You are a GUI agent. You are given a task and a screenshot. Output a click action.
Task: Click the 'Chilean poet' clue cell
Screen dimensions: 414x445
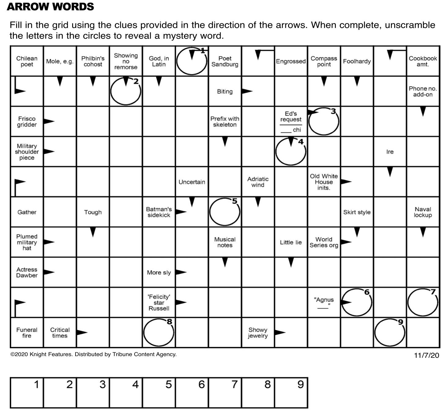coord(27,61)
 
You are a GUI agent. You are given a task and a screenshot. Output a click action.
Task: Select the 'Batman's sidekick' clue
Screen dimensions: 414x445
coord(159,212)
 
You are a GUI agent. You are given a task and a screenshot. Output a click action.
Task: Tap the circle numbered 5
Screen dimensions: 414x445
coord(224,212)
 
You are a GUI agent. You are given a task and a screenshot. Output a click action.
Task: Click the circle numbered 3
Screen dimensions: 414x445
coord(324,122)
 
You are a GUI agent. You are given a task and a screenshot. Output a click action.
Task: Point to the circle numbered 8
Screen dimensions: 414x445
coord(158,332)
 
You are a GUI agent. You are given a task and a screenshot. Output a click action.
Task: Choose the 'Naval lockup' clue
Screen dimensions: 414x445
coord(423,212)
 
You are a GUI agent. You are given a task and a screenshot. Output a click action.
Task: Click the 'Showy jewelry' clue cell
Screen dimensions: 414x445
coord(258,332)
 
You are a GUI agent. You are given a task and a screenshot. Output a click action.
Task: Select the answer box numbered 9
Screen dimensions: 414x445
coord(291,393)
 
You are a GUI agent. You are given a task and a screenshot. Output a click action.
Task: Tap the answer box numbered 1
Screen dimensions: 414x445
coord(27,393)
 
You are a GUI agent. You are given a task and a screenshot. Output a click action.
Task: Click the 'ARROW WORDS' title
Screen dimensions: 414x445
coord(50,7)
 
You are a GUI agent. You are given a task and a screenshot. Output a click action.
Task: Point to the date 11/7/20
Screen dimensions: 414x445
coord(426,355)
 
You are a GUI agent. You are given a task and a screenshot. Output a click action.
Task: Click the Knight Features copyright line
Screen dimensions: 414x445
coord(94,354)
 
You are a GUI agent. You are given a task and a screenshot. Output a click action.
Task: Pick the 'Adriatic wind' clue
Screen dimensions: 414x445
coord(258,182)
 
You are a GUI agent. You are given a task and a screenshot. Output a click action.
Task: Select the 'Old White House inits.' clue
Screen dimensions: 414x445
coord(324,182)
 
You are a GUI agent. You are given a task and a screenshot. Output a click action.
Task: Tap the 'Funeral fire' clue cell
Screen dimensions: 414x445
coord(27,332)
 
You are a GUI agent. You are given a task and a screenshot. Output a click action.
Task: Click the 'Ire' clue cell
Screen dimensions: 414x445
coord(390,152)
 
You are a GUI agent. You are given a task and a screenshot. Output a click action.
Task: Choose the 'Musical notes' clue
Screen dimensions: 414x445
coord(224,242)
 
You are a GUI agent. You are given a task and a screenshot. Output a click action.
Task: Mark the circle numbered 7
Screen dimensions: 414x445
coord(423,302)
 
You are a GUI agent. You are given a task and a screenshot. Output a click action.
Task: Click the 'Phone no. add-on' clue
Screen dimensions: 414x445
coord(423,91)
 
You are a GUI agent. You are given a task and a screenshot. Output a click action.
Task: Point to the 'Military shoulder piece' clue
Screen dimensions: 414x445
coord(27,152)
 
